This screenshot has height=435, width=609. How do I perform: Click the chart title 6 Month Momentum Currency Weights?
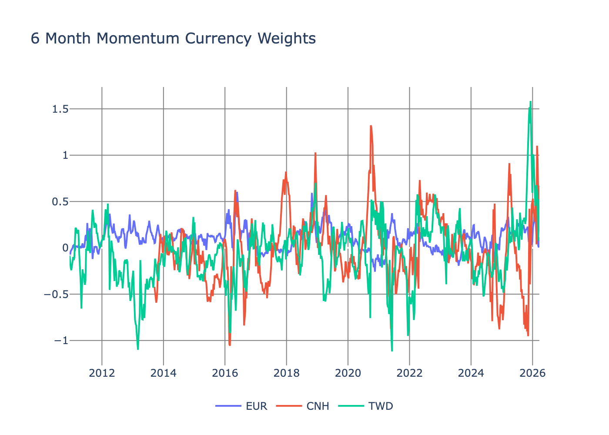pyautogui.click(x=173, y=38)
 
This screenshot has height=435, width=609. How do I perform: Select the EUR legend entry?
pyautogui.click(x=256, y=406)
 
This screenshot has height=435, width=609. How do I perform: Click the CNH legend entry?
pyautogui.click(x=318, y=406)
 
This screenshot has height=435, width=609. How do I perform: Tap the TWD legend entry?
pyautogui.click(x=381, y=406)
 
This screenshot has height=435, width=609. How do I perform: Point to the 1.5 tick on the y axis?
pyautogui.click(x=60, y=109)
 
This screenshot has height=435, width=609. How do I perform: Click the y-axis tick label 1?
pyautogui.click(x=65, y=155)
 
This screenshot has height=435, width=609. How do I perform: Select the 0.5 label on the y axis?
pyautogui.click(x=60, y=201)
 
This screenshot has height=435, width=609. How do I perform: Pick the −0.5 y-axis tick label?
pyautogui.click(x=56, y=294)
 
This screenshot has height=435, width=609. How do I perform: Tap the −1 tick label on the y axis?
pyautogui.click(x=61, y=341)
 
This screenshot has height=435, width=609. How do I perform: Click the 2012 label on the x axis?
pyautogui.click(x=102, y=373)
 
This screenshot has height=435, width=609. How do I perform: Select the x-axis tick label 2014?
pyautogui.click(x=163, y=373)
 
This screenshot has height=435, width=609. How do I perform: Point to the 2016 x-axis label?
pyautogui.click(x=225, y=373)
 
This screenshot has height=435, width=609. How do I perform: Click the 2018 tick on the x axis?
pyautogui.click(x=286, y=373)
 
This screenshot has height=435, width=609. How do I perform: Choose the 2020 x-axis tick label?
pyautogui.click(x=348, y=373)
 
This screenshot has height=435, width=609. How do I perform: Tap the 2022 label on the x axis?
pyautogui.click(x=409, y=373)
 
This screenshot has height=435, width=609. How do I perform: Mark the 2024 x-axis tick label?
pyautogui.click(x=471, y=373)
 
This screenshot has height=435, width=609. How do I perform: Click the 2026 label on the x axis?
pyautogui.click(x=532, y=373)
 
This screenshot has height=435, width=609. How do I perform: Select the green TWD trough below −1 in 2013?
pyautogui.click(x=138, y=349)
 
